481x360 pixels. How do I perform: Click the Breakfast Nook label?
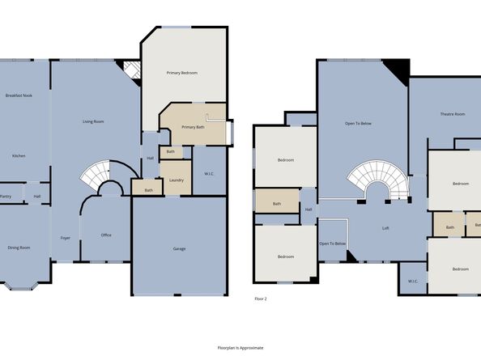click(18, 96)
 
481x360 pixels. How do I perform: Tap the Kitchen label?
click(18, 155)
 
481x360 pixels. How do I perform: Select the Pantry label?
click(5, 196)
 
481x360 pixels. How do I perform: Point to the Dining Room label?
click(18, 248)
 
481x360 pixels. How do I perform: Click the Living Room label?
click(93, 121)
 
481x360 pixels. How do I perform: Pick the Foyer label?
click(65, 237)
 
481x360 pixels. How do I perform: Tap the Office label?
click(106, 235)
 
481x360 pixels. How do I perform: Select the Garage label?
click(179, 248)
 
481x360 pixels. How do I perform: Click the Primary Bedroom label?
click(182, 73)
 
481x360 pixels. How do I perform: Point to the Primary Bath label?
click(193, 127)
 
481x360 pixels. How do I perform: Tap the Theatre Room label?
click(452, 114)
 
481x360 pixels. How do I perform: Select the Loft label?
click(386, 228)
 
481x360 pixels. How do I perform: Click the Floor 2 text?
click(260, 299)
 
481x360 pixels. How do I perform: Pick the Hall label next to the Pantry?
click(37, 196)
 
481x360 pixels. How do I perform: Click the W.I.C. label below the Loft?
click(412, 282)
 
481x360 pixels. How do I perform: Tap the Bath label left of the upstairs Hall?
click(277, 203)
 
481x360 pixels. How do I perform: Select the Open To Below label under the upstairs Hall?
click(332, 244)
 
